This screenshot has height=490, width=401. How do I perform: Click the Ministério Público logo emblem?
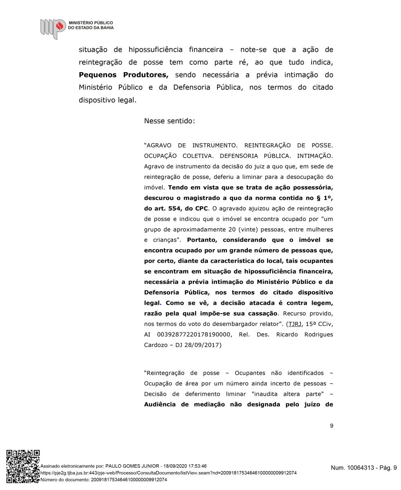click(53, 28)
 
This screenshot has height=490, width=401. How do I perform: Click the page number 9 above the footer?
click(331, 426)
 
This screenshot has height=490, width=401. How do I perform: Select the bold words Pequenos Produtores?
click(123, 75)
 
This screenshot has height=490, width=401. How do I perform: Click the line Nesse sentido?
click(169, 121)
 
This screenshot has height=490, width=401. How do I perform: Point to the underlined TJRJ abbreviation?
click(294, 324)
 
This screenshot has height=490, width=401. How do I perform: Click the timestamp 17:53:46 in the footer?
click(195, 466)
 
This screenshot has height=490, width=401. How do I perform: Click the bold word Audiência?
click(161, 405)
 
